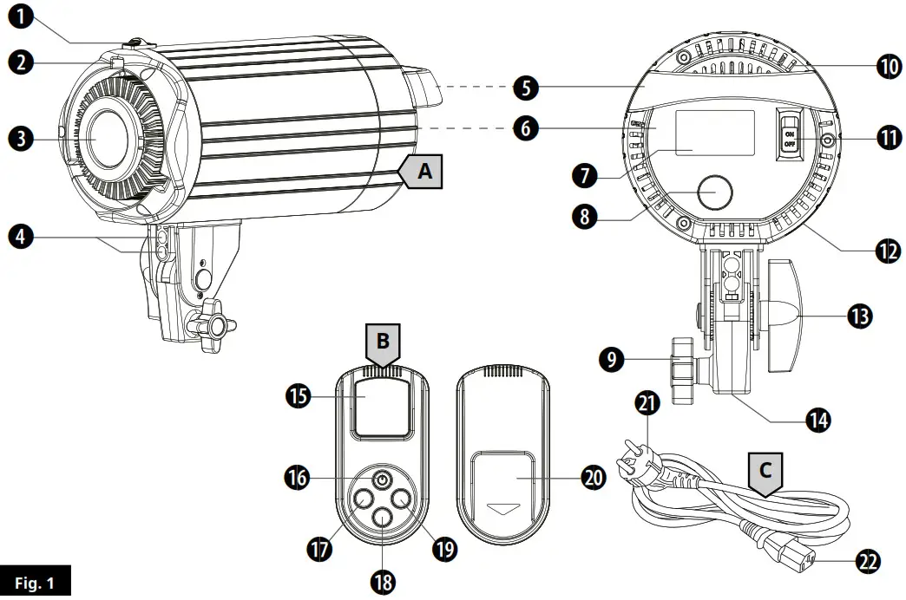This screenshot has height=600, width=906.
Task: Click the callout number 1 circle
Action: coord(20,16)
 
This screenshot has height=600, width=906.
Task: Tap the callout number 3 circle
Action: coord(20,137)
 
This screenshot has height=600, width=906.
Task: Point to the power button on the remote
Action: coord(383,479)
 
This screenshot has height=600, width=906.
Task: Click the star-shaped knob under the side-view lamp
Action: coord(213,328)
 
